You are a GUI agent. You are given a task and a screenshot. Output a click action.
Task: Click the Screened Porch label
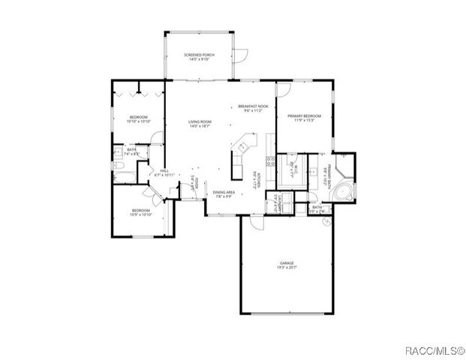tap(200, 55)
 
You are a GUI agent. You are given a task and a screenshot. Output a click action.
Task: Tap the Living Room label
tap(200, 121)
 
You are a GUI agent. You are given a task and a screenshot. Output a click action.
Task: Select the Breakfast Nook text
tap(254, 106)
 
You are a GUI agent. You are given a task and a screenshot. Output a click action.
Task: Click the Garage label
tap(288, 263)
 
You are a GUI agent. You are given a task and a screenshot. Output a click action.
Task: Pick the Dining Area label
tap(224, 193)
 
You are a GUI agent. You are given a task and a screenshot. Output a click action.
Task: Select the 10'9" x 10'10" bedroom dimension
tap(142, 214)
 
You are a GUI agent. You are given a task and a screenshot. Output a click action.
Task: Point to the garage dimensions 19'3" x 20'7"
tap(288, 268)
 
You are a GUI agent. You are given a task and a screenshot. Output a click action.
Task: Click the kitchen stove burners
tap(269, 160)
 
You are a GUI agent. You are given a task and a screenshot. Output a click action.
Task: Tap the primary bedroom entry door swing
tap(282, 90)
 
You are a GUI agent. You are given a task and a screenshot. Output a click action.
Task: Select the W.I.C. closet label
tap(293, 169)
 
